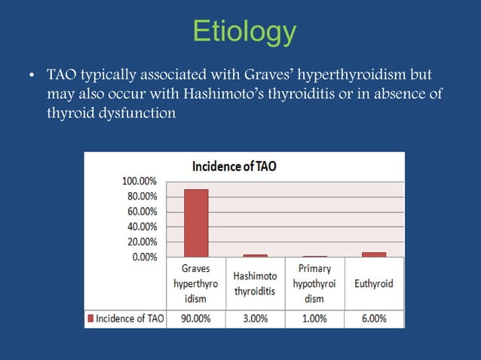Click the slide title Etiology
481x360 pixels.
tap(244, 32)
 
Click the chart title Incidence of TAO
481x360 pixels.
tap(234, 166)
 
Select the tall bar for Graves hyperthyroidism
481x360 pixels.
tap(196, 222)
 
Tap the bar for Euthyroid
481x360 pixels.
tap(373, 255)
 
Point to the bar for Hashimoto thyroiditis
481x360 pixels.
tap(255, 256)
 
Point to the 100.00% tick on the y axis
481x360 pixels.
tap(139, 182)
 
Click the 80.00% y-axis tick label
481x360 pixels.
tap(142, 197)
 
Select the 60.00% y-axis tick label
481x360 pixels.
tap(142, 212)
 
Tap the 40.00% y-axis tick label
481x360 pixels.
tap(142, 227)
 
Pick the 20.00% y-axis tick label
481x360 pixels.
tap(142, 242)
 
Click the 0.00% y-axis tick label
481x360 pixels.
tap(143, 257)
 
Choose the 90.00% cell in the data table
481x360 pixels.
tap(196, 319)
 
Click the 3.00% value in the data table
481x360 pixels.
tap(255, 319)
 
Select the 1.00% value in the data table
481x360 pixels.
tap(314, 319)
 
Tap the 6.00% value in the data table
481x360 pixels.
tap(373, 319)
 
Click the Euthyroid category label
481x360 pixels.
tap(373, 284)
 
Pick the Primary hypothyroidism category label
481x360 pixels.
tap(314, 283)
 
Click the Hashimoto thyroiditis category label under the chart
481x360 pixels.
tap(255, 284)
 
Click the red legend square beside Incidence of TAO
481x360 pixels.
tap(92, 319)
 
